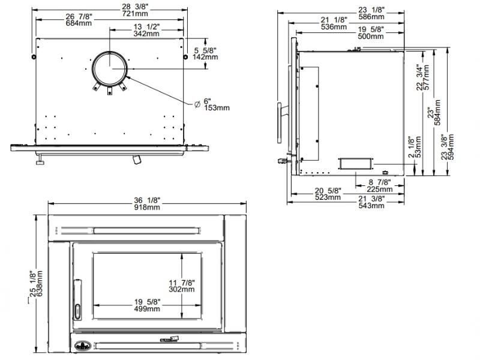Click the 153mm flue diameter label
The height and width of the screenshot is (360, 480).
tap(217, 108)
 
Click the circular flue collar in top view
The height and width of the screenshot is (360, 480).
tap(109, 68)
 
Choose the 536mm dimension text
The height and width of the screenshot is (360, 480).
tap(334, 27)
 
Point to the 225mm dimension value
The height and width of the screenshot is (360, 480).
tap(380, 190)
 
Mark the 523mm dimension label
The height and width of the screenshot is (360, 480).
tap(329, 197)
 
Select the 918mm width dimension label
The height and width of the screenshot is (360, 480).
tap(148, 208)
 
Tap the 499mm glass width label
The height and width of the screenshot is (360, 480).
tap(147, 309)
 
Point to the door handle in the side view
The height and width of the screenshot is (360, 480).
tap(280, 123)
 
